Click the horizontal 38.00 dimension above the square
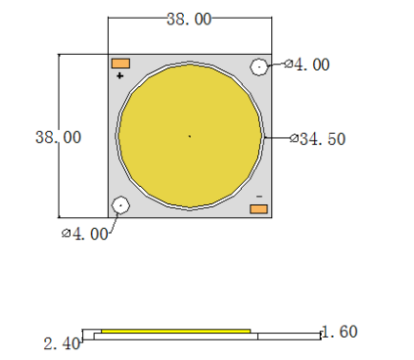[x=189, y=19]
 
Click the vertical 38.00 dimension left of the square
[x=58, y=137]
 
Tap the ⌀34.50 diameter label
[x=317, y=139]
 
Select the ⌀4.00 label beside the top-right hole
[x=306, y=65]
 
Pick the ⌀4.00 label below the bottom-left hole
[x=85, y=234]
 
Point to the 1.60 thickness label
[x=340, y=332]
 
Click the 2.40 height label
[x=62, y=343]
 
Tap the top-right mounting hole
[x=259, y=67]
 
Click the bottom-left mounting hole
[x=120, y=205]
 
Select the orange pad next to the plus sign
[x=120, y=64]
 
